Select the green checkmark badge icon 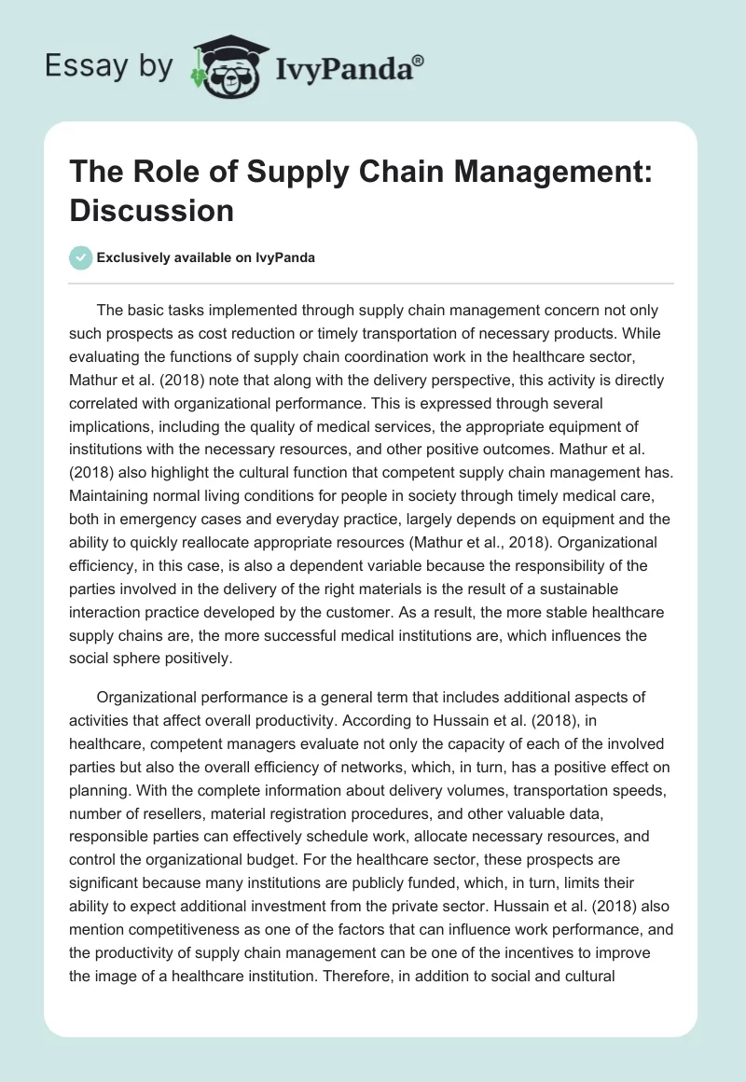pos(82,257)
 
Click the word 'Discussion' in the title pos(152,211)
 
